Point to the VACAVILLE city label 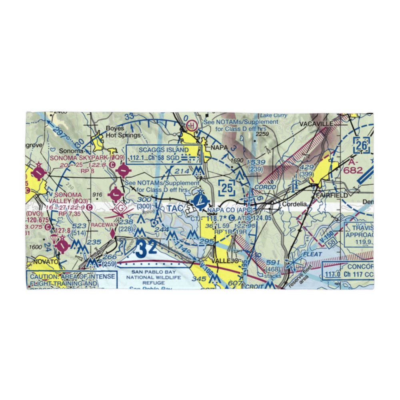click(x=316, y=124)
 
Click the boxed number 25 click(x=228, y=187)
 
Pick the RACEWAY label click(x=104, y=225)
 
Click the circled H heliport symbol click(x=192, y=126)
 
